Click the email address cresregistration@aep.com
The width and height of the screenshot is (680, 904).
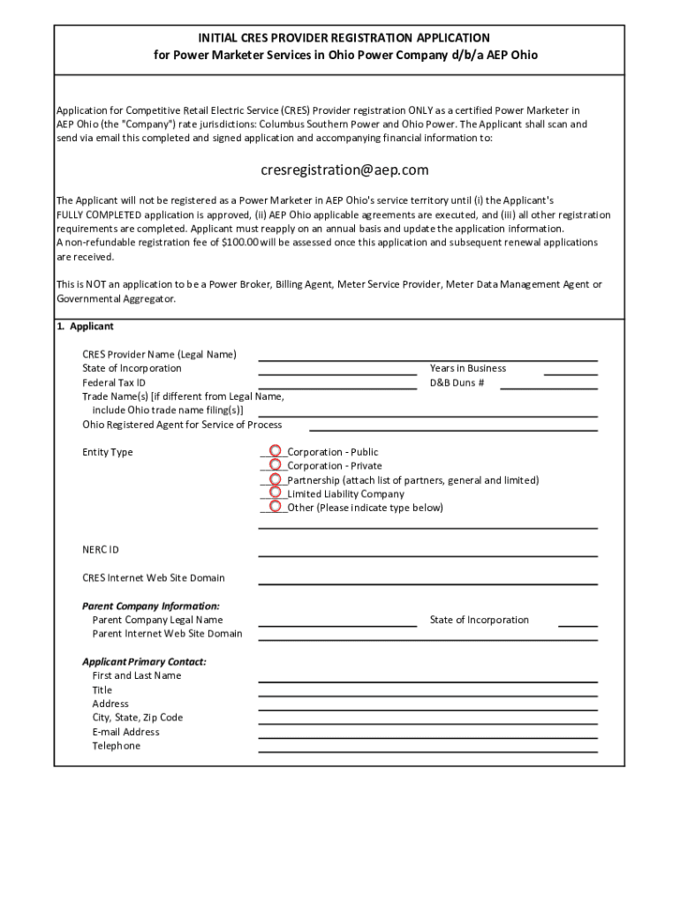pos(344,169)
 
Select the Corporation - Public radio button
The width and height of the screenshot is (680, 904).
pos(276,451)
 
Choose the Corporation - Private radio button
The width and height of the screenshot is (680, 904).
pos(276,465)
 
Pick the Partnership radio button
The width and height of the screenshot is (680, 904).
pos(276,479)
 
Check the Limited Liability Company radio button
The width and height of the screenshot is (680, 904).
pos(276,493)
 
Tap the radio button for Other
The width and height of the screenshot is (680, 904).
pos(276,508)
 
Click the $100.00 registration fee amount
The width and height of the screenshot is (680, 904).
pos(240,243)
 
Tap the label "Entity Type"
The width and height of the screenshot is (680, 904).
pos(108,452)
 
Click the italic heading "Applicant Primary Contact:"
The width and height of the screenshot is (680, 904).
pos(144,662)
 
